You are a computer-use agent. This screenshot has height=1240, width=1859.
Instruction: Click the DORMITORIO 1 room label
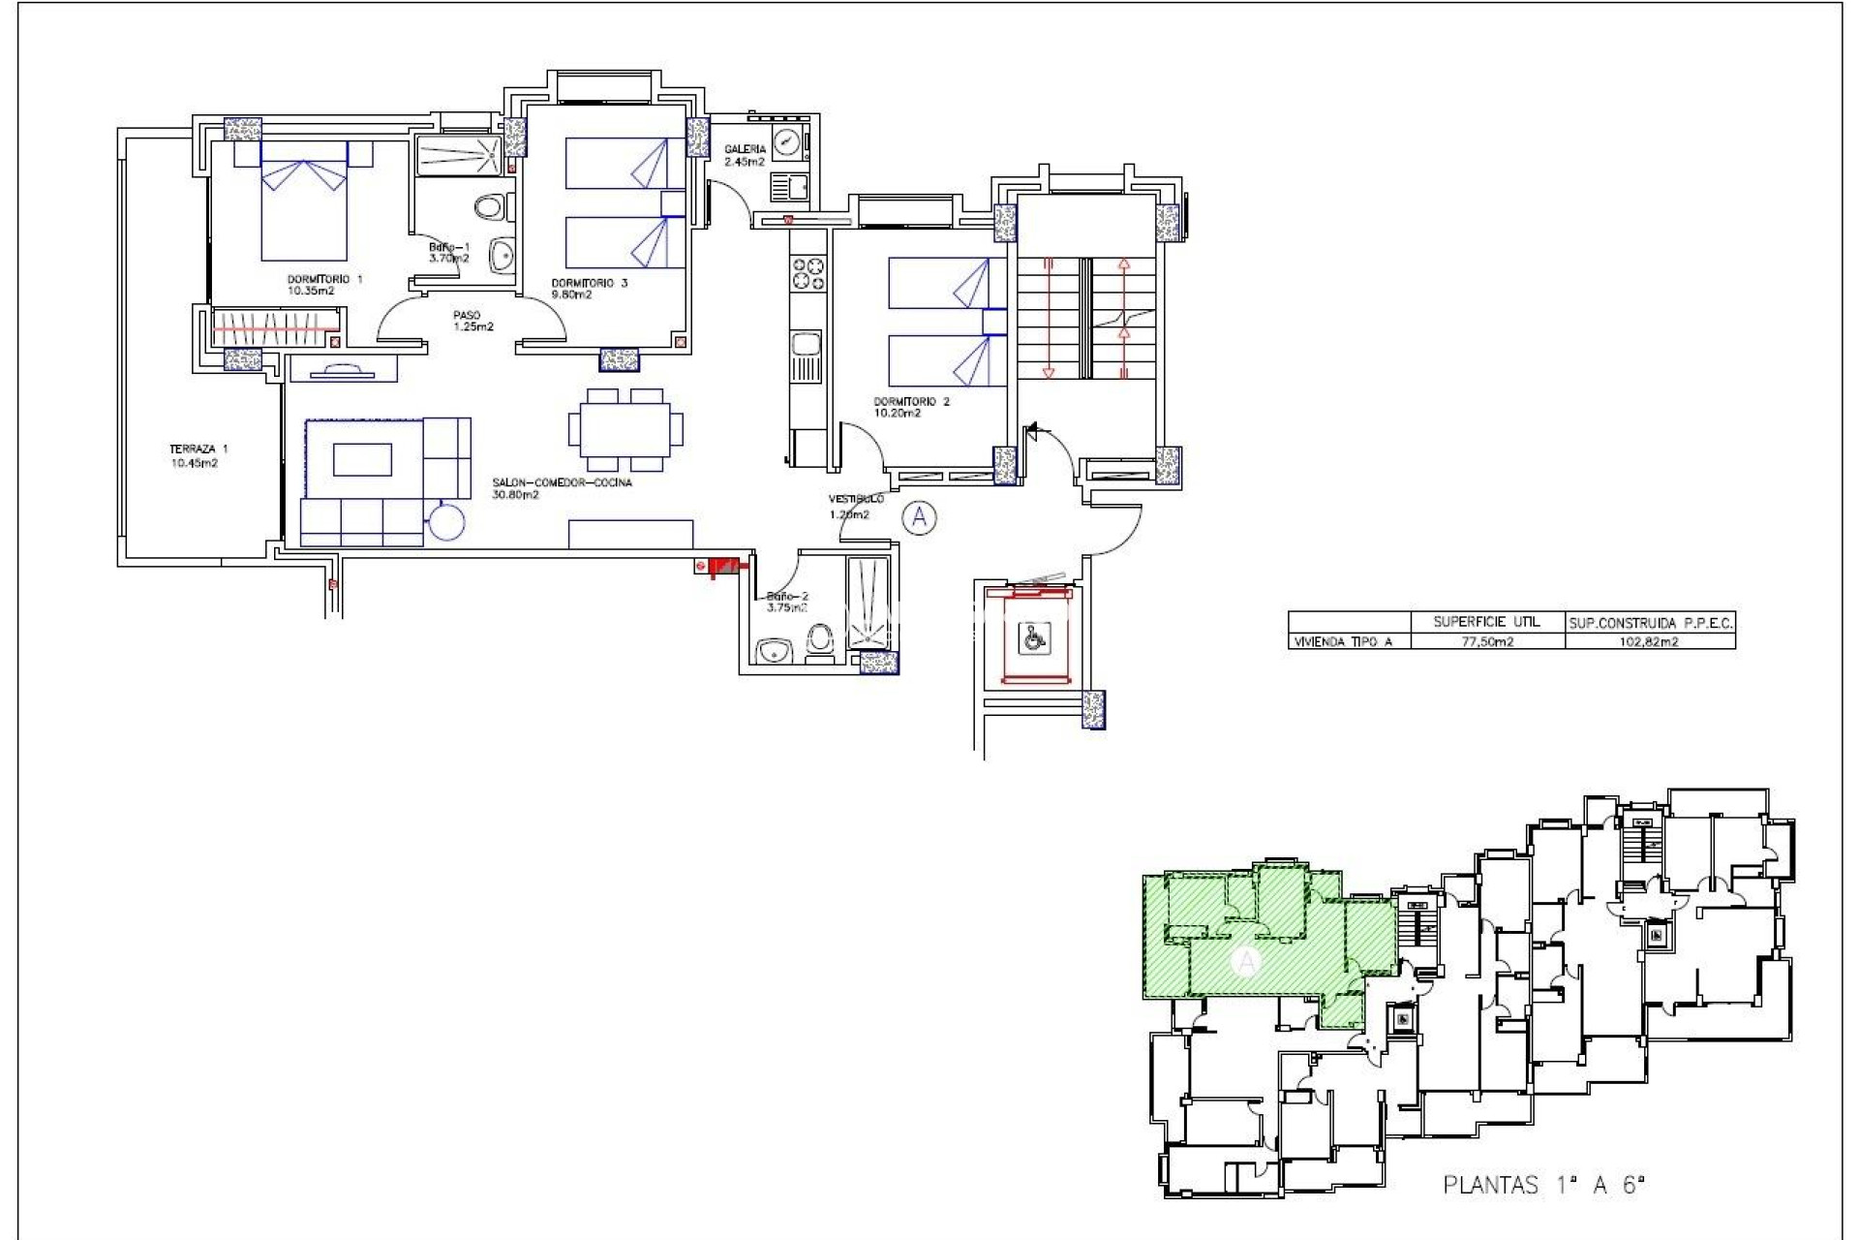324,285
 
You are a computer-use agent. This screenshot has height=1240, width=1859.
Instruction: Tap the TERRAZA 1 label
198,455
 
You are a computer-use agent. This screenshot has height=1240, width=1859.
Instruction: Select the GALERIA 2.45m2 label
745,155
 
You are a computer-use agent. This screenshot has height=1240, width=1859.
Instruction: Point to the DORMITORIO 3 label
589,289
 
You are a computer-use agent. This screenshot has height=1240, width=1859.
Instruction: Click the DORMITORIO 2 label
910,407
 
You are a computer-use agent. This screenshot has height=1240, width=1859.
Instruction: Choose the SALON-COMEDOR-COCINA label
562,488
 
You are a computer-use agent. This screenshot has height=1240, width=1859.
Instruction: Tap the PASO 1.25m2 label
472,321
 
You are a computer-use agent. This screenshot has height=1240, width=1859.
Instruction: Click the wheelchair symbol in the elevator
1033,637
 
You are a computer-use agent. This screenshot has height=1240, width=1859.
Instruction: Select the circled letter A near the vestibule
919,517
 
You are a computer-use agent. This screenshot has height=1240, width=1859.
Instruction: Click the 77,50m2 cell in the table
1486,641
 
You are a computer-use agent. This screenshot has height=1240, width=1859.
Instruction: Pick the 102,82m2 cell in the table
1649,641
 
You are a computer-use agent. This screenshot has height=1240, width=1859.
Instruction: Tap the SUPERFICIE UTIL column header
1486,622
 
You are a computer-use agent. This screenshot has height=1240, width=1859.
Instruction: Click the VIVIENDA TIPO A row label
1342,641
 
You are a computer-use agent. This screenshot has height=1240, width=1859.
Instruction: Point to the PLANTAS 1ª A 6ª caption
1543,1184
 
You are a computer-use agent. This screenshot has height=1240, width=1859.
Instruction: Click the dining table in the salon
625,429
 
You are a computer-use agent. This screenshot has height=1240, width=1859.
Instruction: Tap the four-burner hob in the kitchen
808,273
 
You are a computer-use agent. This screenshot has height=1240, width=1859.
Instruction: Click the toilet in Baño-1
492,206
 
